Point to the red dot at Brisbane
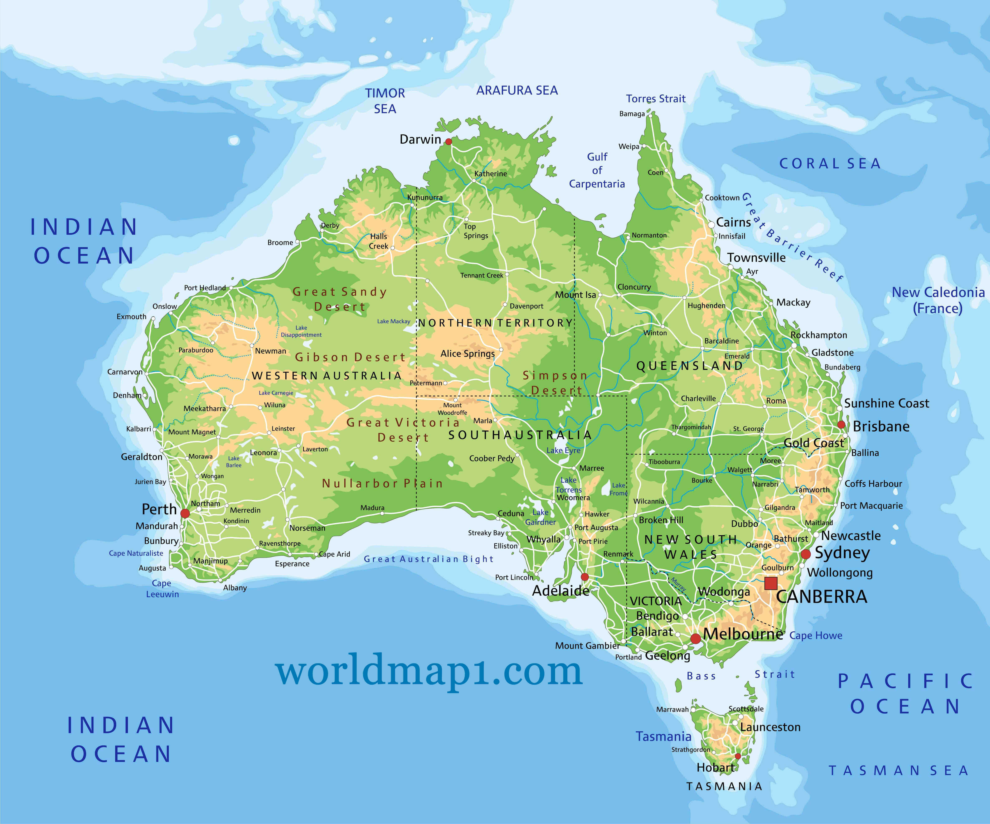click(x=841, y=425)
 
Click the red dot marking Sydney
click(x=806, y=554)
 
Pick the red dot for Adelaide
click(x=584, y=577)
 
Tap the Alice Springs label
click(x=468, y=354)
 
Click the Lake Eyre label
click(x=563, y=450)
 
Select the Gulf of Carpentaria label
click(x=597, y=170)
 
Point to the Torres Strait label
click(x=656, y=98)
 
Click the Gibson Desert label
click(x=350, y=357)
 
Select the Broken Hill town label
click(x=661, y=520)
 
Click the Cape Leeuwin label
click(x=162, y=589)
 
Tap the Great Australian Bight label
click(x=428, y=559)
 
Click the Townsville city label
click(x=756, y=257)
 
